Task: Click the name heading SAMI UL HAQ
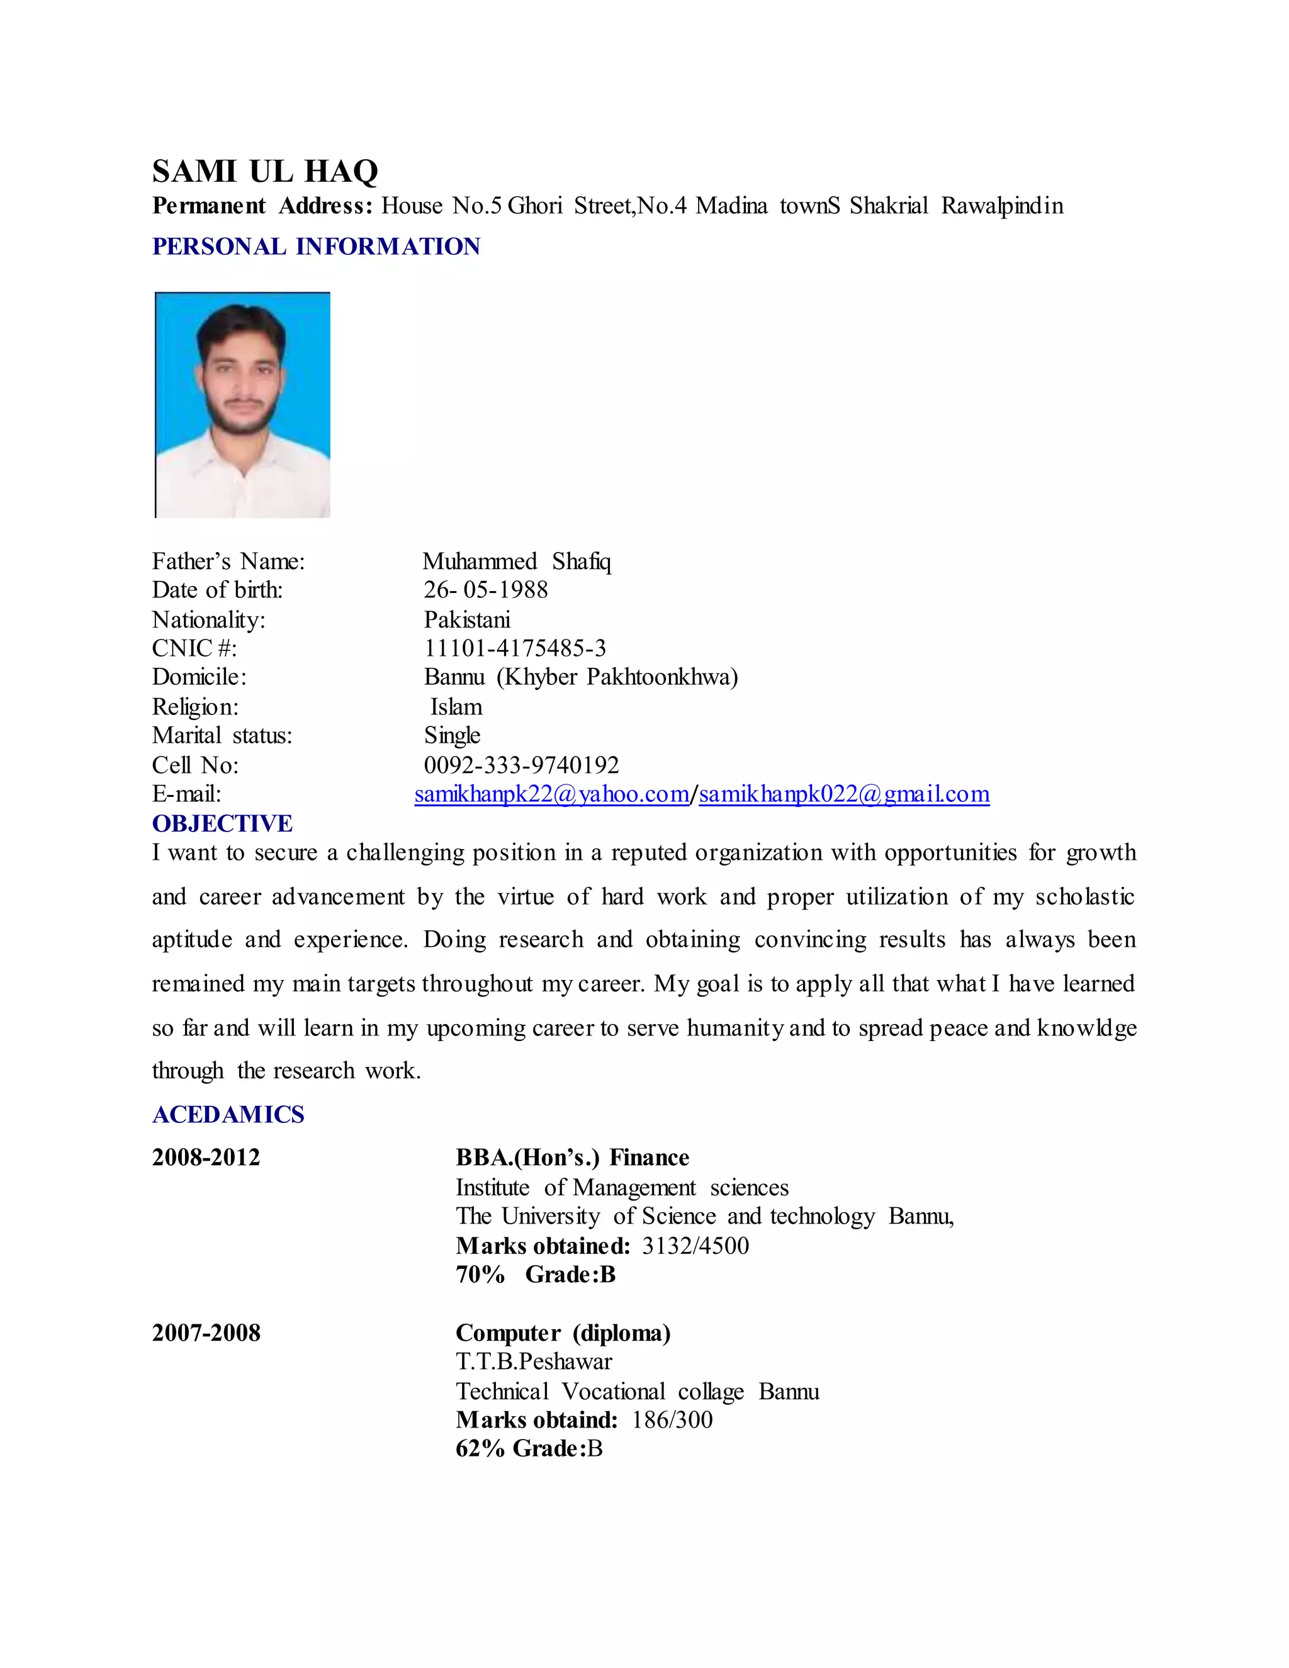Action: [x=264, y=171]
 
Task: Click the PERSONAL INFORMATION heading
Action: [x=316, y=247]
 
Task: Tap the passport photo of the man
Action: [x=243, y=405]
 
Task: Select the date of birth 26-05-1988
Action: [x=486, y=590]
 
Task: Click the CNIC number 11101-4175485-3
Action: [x=515, y=648]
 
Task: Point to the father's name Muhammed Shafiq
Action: [x=517, y=561]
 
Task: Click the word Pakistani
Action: [x=466, y=619]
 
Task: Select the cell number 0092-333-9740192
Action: [x=521, y=765]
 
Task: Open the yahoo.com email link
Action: [x=551, y=794]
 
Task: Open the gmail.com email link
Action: [x=844, y=794]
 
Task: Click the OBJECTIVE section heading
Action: [x=222, y=823]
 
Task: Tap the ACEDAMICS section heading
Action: [x=228, y=1114]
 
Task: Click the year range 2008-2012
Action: [x=206, y=1158]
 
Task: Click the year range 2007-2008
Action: [x=206, y=1333]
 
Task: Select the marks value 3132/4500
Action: [x=695, y=1246]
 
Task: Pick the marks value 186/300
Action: [x=672, y=1420]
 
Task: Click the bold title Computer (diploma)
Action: [x=563, y=1333]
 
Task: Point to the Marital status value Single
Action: [x=452, y=735]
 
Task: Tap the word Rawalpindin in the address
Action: [x=1002, y=206]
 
